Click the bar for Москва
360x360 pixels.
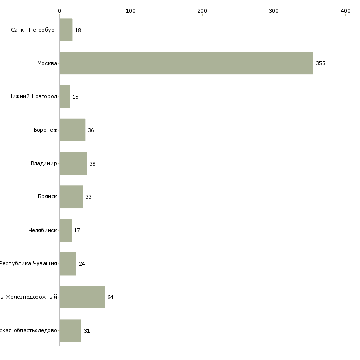point(186,63)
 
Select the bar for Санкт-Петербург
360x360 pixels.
point(66,30)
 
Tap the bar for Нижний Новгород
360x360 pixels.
point(65,97)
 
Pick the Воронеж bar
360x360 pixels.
point(72,130)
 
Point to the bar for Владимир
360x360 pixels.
point(73,163)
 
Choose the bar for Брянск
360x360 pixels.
point(71,197)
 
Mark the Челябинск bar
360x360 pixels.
point(66,230)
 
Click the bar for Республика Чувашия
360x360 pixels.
point(68,264)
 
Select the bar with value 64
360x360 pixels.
point(82,297)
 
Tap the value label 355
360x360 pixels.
point(321,63)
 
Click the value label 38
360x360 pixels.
point(92,164)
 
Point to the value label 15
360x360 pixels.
point(75,97)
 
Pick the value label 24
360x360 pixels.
point(82,264)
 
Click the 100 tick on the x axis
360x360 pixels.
point(131,11)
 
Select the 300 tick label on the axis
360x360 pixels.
point(274,11)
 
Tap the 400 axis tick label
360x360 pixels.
point(345,11)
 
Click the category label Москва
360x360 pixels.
point(47,63)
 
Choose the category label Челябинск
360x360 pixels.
point(42,230)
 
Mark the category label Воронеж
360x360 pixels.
point(45,130)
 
